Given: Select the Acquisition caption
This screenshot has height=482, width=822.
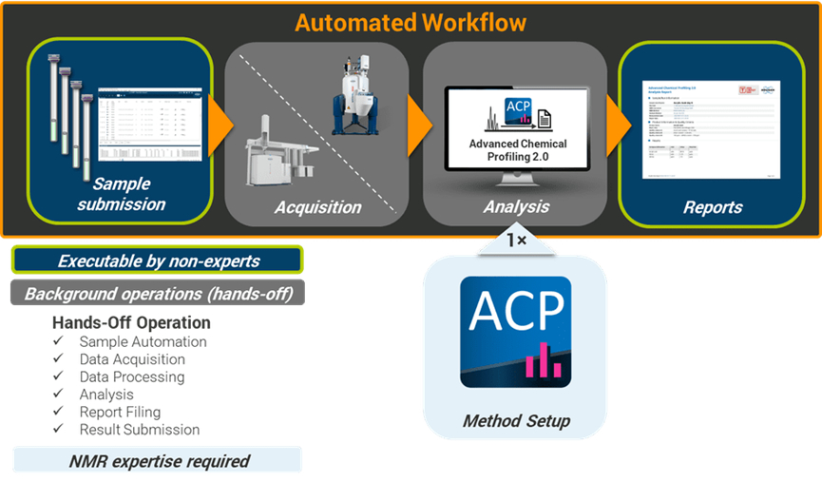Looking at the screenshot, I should click(x=318, y=207).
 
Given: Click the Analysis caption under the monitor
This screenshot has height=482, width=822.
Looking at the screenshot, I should click(x=516, y=206).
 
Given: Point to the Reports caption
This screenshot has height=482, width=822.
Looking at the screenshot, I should click(x=713, y=206).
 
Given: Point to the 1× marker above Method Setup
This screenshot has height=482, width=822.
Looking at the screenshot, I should click(x=516, y=241).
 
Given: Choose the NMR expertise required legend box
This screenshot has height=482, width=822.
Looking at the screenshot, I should click(x=159, y=461).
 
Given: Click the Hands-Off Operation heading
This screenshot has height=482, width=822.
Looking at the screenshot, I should click(x=131, y=322).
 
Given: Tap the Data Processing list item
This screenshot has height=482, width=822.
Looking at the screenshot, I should click(x=132, y=376).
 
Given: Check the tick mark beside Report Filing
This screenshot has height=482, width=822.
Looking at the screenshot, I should click(x=59, y=412).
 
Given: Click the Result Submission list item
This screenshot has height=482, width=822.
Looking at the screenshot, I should click(x=140, y=429).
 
